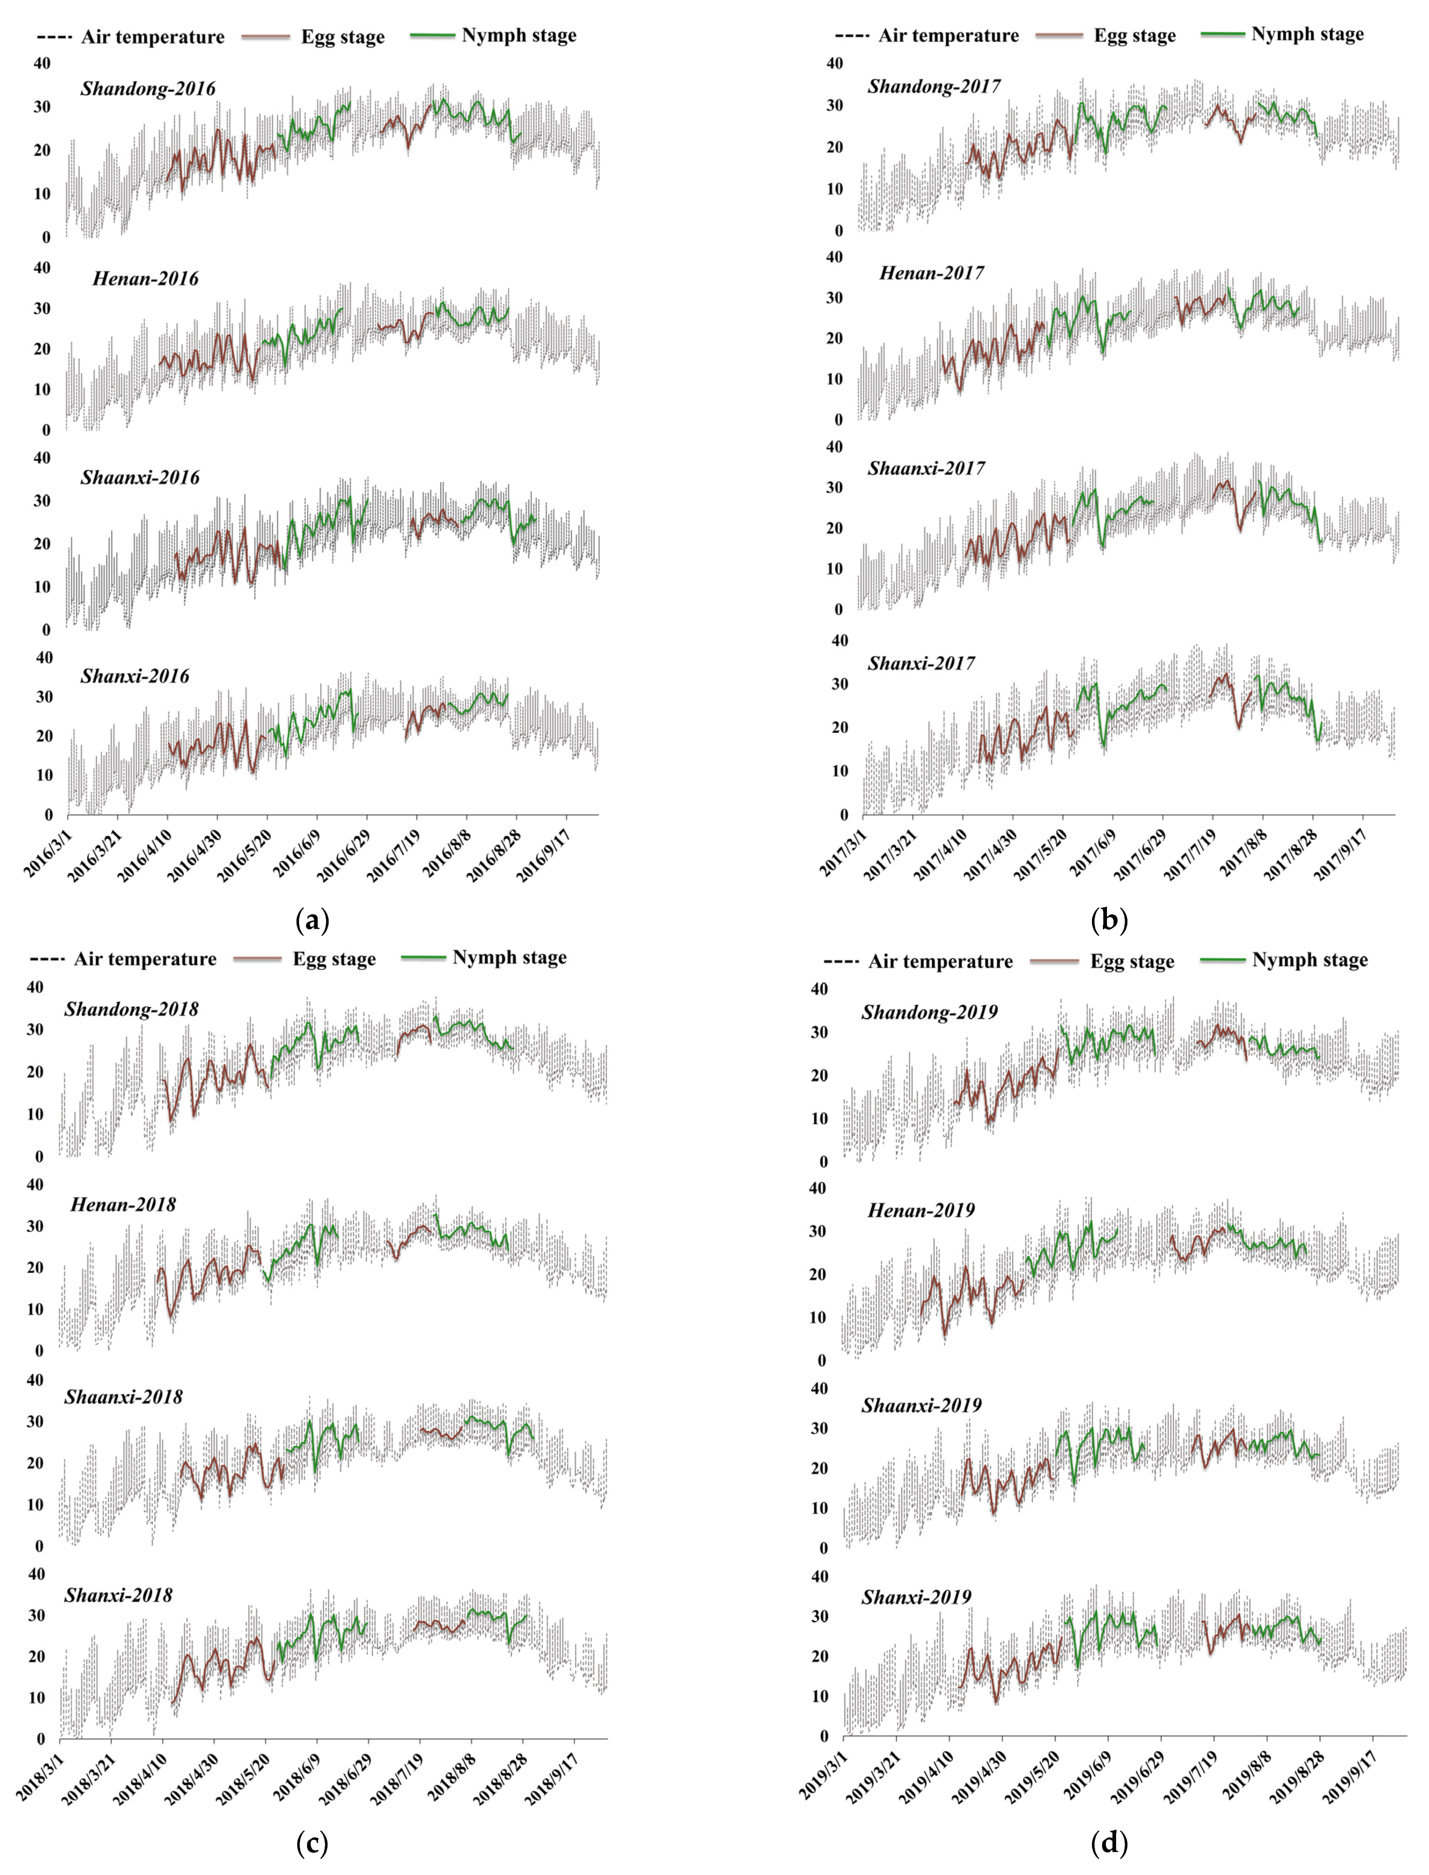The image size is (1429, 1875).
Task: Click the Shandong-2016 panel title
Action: click(148, 88)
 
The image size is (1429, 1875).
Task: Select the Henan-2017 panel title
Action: click(932, 273)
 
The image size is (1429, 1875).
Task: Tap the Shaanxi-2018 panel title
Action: click(124, 1397)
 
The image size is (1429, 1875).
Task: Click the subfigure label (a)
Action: click(311, 920)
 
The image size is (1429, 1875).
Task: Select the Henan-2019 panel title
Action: click(921, 1210)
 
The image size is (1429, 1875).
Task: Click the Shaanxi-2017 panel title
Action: click(926, 469)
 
